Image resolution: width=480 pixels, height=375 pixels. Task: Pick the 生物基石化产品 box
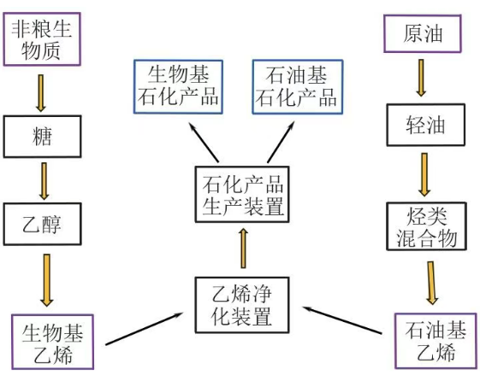pos(178,85)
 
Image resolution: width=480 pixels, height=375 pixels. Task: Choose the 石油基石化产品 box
pos(296,85)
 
